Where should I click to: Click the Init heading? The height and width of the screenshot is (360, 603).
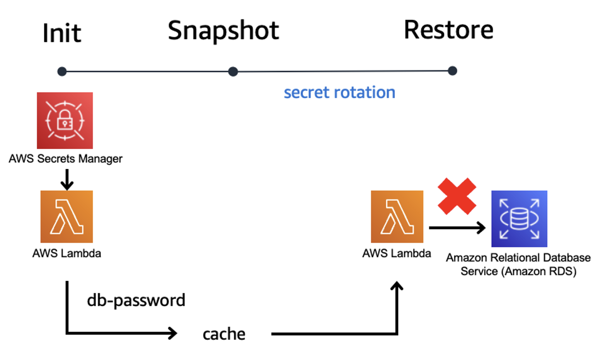[x=62, y=33]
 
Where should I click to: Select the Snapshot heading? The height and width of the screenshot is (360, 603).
[x=223, y=31]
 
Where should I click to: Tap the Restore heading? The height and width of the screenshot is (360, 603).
[x=448, y=30]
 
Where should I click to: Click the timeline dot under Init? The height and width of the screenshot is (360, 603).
[x=62, y=71]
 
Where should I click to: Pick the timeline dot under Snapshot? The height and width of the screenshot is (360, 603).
[x=233, y=71]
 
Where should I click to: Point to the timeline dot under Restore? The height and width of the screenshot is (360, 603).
[x=452, y=71]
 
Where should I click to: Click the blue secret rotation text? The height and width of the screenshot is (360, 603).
[x=339, y=93]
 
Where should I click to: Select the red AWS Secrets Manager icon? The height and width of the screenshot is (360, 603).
[x=65, y=121]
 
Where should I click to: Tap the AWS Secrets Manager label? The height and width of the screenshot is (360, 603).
[x=65, y=159]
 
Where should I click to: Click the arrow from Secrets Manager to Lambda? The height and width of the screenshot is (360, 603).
[x=67, y=180]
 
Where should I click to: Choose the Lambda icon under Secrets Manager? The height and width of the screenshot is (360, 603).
[x=66, y=217]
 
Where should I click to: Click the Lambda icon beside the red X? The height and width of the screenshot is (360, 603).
[x=397, y=217]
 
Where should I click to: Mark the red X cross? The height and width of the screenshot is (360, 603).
[x=457, y=196]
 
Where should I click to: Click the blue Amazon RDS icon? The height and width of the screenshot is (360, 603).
[x=519, y=219]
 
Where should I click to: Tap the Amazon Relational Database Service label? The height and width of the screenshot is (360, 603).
[x=518, y=264]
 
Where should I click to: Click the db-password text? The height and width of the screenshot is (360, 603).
[x=136, y=301]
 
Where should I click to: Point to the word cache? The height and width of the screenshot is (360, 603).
[x=224, y=334]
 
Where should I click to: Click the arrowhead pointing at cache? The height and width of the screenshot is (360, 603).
[x=172, y=333]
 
